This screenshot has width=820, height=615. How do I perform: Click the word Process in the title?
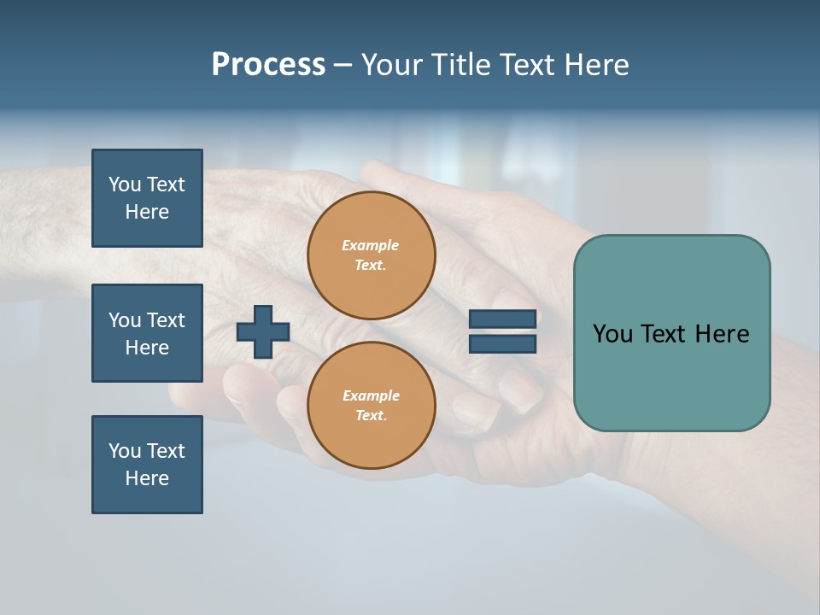pos(268,65)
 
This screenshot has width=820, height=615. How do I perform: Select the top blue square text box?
pos(147,198)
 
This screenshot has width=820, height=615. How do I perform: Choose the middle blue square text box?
pos(147,333)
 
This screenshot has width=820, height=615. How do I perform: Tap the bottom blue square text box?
pos(147,465)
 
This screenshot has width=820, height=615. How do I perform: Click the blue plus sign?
pos(263,331)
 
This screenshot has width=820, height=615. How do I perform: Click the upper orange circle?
pos(371,255)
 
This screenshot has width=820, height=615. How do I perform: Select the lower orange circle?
pos(371,406)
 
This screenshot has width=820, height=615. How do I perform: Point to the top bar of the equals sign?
pos(502,319)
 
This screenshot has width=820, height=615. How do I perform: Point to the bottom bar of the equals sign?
pos(502,343)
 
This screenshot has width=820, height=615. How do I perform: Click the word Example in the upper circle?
pos(370,246)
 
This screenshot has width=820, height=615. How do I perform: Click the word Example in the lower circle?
pos(370,396)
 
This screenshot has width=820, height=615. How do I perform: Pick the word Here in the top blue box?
pos(147,213)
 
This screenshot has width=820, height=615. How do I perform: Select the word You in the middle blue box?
pos(125,320)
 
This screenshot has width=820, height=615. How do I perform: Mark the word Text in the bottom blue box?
pos(166,451)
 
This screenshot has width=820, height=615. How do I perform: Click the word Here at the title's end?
pos(595,65)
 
